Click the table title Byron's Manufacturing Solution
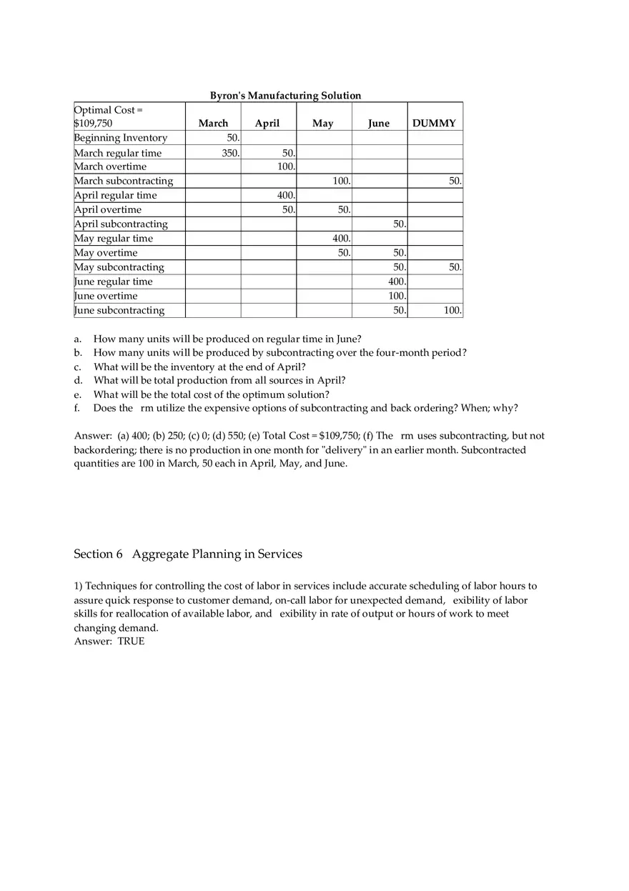[285, 95]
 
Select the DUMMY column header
[434, 124]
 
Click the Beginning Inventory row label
[120, 138]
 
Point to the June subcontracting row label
[119, 310]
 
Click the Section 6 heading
[188, 554]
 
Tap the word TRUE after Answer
[131, 642]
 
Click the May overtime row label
[106, 253]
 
